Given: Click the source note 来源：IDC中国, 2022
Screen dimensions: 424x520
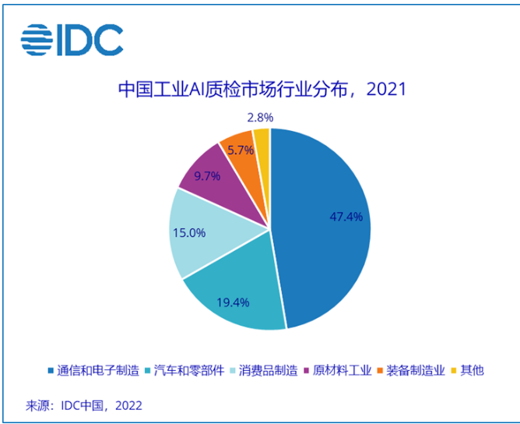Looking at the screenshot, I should tap(84, 405).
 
